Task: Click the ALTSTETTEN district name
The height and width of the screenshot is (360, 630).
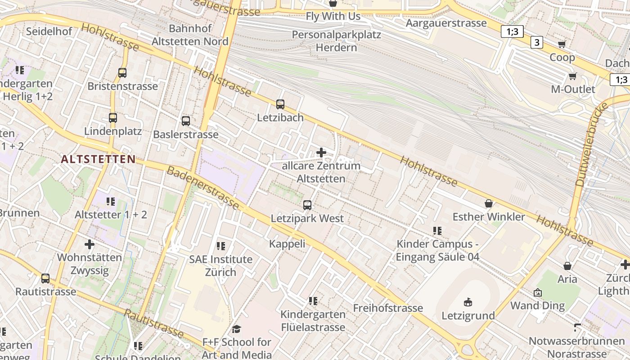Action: [x=98, y=159]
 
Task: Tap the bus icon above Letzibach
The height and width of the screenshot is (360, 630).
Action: [x=280, y=104]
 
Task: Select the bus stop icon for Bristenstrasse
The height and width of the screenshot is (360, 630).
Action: [x=122, y=72]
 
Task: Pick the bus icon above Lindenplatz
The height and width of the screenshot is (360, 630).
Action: [x=112, y=118]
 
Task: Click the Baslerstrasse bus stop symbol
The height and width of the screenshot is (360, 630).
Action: [x=185, y=121]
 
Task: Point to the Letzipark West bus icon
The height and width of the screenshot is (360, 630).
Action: [x=307, y=205]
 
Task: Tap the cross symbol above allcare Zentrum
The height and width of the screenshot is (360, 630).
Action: [x=321, y=153]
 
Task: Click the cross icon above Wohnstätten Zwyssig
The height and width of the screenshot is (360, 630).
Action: [x=90, y=244]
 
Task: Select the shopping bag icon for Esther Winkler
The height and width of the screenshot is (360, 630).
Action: [x=489, y=203]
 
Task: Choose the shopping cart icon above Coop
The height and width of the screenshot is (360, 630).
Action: [x=562, y=44]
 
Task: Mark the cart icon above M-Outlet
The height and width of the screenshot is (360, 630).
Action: [x=572, y=76]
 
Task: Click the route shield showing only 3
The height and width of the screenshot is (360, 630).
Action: [x=536, y=43]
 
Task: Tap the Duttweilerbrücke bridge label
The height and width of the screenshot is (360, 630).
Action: [x=591, y=144]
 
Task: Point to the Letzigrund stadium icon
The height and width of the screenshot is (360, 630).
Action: [x=468, y=302]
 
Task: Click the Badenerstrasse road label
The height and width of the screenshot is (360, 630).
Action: [x=203, y=188]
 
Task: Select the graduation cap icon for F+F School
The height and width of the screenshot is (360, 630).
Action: [x=237, y=329]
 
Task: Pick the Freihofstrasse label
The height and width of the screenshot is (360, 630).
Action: [x=388, y=308]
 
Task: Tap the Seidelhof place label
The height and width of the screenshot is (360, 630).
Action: [x=49, y=31]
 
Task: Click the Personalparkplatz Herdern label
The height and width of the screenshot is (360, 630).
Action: [x=336, y=41]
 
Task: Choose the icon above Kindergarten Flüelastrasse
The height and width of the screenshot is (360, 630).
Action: [x=313, y=301]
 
